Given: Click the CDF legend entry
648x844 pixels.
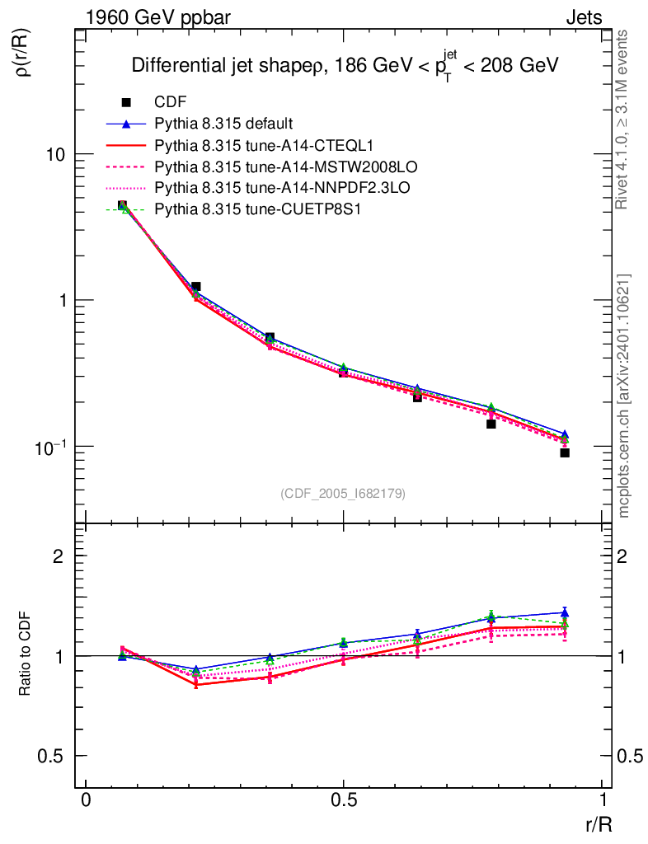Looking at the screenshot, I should pyautogui.click(x=170, y=102).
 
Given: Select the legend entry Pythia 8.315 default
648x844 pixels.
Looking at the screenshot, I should pyautogui.click(x=223, y=124).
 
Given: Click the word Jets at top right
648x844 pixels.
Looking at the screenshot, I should pyautogui.click(x=583, y=17).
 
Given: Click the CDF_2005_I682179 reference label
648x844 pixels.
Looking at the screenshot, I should pyautogui.click(x=343, y=493).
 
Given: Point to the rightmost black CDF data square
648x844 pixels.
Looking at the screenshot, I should pyautogui.click(x=565, y=452).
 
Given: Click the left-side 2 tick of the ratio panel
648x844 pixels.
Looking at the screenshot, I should pyautogui.click(x=58, y=556).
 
